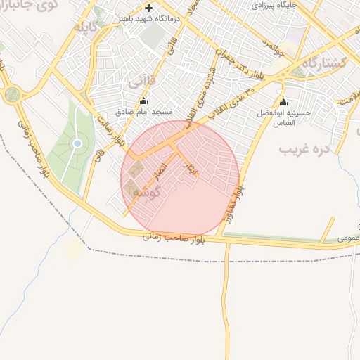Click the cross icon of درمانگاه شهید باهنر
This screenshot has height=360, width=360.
coord(148,8)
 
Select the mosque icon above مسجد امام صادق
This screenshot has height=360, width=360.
coord(144,101)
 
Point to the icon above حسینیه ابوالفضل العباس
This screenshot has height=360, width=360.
coord(284,101)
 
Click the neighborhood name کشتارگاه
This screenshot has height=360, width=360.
coord(324,65)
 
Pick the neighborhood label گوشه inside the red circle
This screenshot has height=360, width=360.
coord(148,191)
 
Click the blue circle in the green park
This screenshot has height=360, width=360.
coord(77,143)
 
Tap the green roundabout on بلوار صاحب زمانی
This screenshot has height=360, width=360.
coord(12,94)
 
